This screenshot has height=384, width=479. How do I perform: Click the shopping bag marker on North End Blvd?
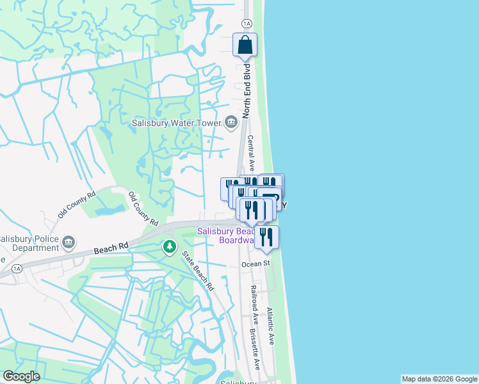pos(245,45)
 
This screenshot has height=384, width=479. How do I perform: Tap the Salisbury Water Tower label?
pos(175,123)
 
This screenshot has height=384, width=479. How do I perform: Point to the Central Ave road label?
pos(250,152)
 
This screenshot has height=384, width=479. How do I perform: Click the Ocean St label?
pos(256,264)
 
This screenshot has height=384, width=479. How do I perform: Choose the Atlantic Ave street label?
pos(270,326)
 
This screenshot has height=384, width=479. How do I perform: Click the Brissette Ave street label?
pos(256,349)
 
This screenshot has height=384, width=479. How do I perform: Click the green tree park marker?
pos(169,246)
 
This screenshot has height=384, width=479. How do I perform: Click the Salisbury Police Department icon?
pos(69,243)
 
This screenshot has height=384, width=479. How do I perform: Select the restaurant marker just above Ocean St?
pos(266,237)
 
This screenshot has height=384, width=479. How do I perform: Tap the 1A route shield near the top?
pos(247,23)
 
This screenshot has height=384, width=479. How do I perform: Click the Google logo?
pos(20,376)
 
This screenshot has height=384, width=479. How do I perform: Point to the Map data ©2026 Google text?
pos(439,379)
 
